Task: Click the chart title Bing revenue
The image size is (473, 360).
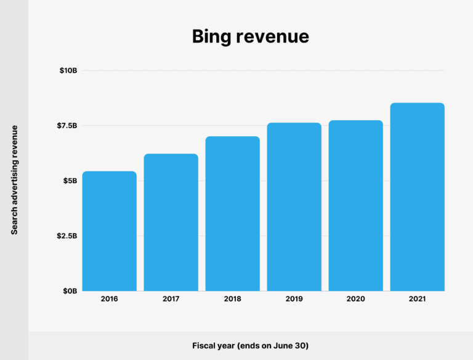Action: click(250, 37)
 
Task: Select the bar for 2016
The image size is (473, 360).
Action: click(110, 231)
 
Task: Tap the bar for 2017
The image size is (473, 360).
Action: click(171, 223)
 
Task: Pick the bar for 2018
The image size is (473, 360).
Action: click(233, 214)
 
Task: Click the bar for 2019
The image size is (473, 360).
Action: click(294, 207)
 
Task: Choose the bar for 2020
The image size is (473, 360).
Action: click(356, 206)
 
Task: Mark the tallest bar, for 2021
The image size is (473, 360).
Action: click(418, 197)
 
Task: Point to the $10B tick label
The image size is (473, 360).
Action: click(68, 71)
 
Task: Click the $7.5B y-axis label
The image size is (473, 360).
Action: click(67, 126)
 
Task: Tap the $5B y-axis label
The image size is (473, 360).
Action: click(70, 181)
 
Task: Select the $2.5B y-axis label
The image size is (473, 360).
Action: click(67, 236)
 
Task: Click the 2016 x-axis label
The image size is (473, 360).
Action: click(109, 299)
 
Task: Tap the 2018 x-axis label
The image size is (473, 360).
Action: click(232, 299)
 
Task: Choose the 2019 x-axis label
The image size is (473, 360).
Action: click(294, 299)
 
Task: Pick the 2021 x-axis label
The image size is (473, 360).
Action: click(417, 299)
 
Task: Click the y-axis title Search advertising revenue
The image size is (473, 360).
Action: click(14, 179)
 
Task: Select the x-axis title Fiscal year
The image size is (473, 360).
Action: click(250, 346)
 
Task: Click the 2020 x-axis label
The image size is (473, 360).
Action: click(355, 299)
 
